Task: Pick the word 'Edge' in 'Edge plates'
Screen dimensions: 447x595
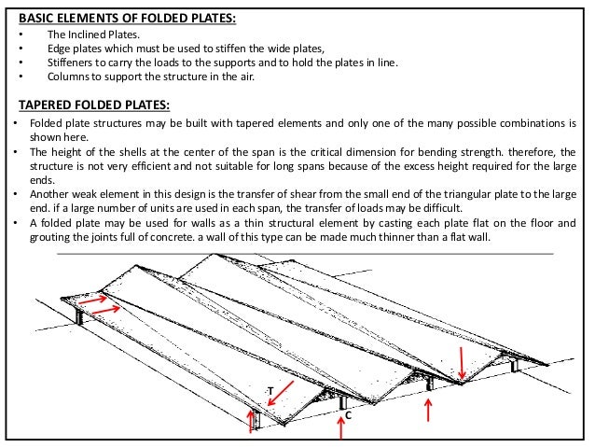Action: [58, 49]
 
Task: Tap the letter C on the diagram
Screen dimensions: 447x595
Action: [347, 413]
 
